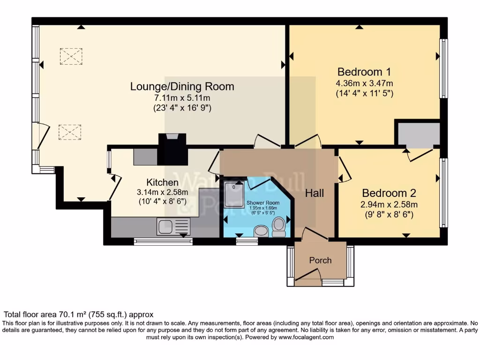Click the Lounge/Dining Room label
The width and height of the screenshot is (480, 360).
(x=182, y=87)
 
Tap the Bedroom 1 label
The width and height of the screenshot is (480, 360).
(x=364, y=72)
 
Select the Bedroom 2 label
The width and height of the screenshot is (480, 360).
(x=389, y=193)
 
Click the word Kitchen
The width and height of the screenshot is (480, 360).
(x=162, y=182)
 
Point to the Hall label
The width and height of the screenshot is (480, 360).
(x=315, y=193)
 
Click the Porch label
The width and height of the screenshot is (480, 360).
(x=320, y=260)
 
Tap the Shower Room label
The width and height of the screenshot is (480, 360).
(x=262, y=202)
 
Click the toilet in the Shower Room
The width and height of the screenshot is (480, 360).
(x=279, y=227)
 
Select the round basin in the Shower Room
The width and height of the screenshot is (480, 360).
(x=261, y=231)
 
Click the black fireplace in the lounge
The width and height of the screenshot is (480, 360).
(x=173, y=149)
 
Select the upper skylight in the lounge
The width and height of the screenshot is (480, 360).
(x=71, y=56)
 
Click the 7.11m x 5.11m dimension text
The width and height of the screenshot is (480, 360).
(x=182, y=98)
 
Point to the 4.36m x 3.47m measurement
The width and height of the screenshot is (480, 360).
(x=364, y=83)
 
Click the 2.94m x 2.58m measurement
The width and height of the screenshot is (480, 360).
(x=389, y=204)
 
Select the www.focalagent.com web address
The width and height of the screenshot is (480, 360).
(x=306, y=337)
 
